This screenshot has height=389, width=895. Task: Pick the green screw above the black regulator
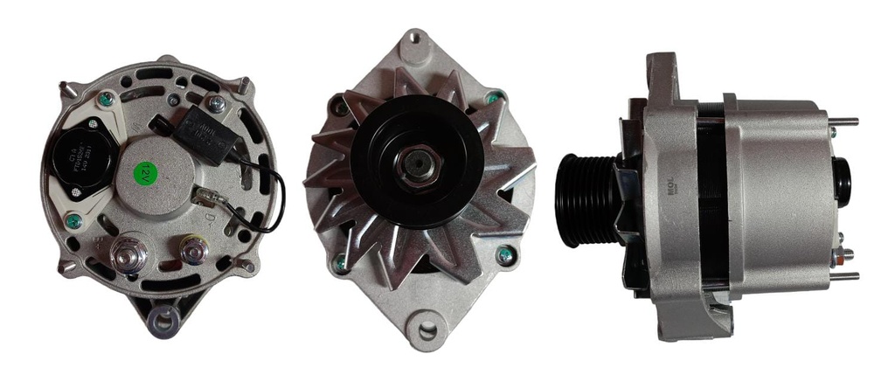click(106, 100)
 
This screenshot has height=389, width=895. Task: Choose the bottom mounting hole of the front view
click(427, 330)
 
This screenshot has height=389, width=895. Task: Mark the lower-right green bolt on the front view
click(504, 256)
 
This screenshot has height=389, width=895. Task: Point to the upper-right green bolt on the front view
click(494, 97)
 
